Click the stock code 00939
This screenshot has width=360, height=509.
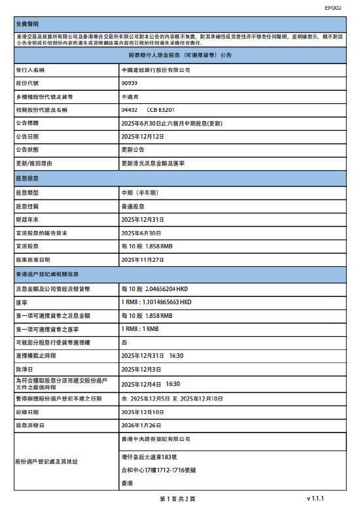[x=130, y=83]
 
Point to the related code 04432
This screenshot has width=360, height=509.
[x=130, y=110]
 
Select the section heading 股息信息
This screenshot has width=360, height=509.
[x=26, y=178]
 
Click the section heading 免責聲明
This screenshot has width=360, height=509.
[x=26, y=24]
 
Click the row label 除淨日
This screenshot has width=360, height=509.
[x=24, y=370]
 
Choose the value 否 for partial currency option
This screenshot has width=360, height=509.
[x=124, y=342]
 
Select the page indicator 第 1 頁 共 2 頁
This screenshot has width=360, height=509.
[x=177, y=499]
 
